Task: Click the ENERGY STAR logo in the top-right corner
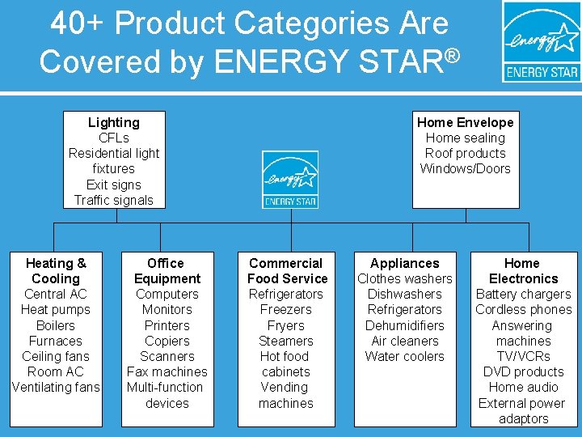[x=542, y=42]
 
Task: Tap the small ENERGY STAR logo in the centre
[x=289, y=180]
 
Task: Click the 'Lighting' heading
[x=114, y=122]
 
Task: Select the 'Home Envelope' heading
[x=465, y=122]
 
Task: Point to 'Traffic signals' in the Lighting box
[x=114, y=200]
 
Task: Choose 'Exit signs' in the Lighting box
[x=114, y=185]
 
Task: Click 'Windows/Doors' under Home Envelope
[x=465, y=168]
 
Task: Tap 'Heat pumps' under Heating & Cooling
[x=56, y=309]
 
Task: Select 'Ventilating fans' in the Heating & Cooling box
[x=56, y=387]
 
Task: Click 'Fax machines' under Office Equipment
[x=167, y=371]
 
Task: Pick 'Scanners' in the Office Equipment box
[x=167, y=356]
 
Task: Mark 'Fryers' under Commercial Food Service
[x=285, y=325]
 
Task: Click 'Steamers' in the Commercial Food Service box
[x=285, y=341]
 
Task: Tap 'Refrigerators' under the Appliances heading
[x=404, y=309]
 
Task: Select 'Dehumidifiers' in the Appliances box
[x=404, y=325]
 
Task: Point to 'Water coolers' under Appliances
[x=404, y=356]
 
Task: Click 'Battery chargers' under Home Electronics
[x=523, y=294]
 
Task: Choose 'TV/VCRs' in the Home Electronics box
[x=523, y=356]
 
